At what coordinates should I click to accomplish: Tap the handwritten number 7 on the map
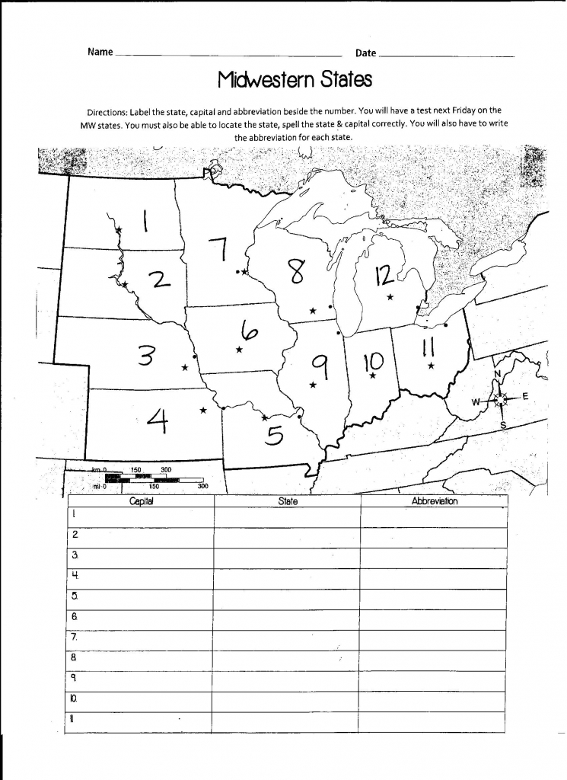(219, 249)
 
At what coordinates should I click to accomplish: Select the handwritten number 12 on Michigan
(384, 275)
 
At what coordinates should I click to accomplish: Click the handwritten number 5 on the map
(274, 435)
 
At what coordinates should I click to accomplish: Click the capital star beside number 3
(185, 368)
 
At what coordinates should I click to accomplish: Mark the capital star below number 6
(239, 350)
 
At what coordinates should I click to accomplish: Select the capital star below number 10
(373, 375)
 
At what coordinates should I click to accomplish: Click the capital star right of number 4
(203, 411)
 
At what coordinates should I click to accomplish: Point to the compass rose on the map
(500, 398)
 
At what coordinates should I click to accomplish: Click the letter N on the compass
(498, 375)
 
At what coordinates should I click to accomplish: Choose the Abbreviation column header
(435, 501)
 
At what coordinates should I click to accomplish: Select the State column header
(288, 501)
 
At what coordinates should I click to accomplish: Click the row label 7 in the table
(75, 635)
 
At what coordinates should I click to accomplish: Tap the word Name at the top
(100, 53)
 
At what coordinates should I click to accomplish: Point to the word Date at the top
(365, 53)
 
